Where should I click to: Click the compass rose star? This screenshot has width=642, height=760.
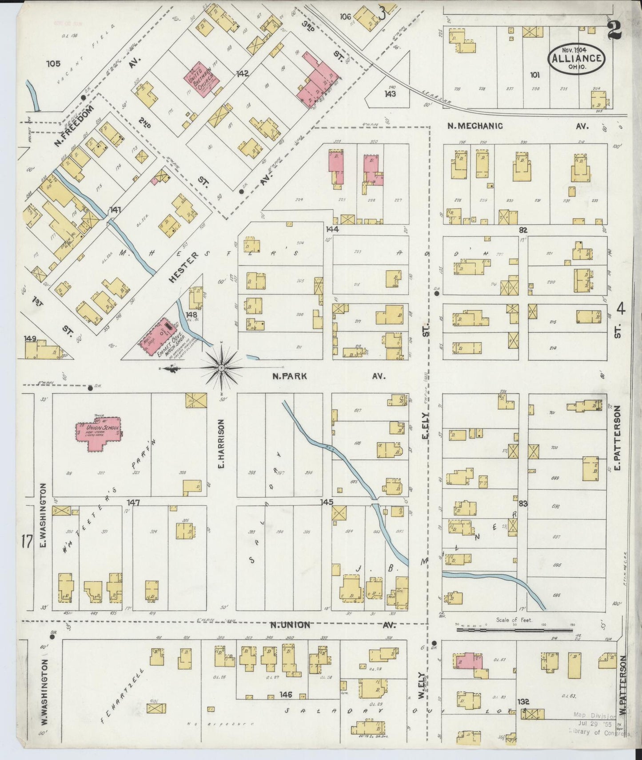221,368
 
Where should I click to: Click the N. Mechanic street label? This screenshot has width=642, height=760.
475,126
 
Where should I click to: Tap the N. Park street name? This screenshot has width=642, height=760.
290,376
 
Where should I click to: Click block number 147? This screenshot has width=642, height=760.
133,502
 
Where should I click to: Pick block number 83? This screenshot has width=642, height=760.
522,504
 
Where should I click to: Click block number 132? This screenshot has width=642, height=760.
523,701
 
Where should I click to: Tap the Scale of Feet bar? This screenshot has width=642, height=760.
514,629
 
